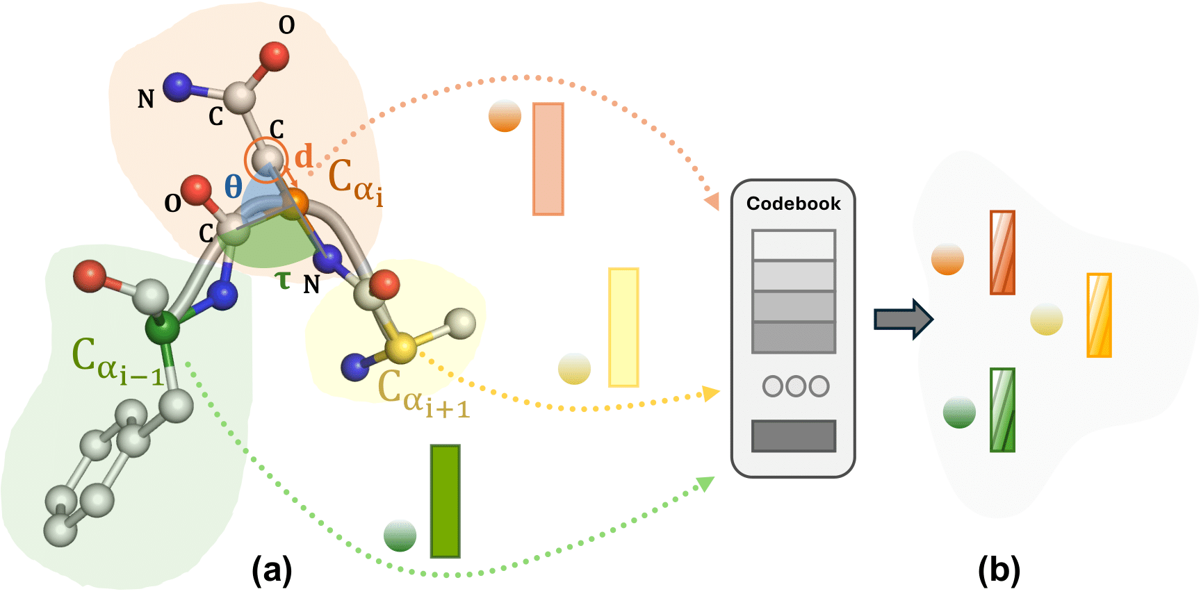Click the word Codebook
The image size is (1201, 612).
tap(793, 204)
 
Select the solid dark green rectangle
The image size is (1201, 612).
tap(445, 501)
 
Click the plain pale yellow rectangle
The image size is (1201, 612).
tap(623, 327)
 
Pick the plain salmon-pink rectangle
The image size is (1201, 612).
tap(548, 159)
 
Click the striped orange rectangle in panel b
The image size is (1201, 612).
tap(1002, 253)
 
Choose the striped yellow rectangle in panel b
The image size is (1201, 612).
tap(1099, 315)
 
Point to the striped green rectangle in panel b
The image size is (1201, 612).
tap(1002, 410)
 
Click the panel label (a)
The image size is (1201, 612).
tap(272, 571)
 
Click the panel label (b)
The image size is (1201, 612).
tap(999, 571)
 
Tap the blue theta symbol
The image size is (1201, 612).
tap(234, 186)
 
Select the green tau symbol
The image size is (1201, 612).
tap(283, 280)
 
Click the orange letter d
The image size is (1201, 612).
tap(304, 157)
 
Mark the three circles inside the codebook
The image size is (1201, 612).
tap(795, 386)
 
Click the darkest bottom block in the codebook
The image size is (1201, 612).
tap(793, 436)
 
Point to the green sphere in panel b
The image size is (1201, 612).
tap(959, 412)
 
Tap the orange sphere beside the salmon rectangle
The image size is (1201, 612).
tap(505, 116)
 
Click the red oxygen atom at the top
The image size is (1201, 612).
tap(275, 56)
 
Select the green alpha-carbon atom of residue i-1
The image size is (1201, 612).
tap(163, 328)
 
